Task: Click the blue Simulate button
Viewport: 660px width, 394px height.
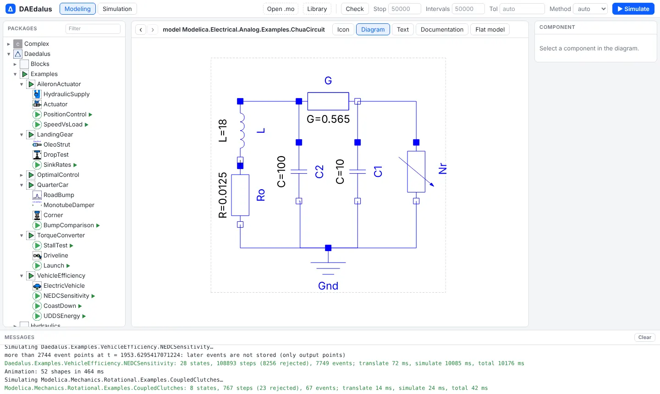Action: point(633,9)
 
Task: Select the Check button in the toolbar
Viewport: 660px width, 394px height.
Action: point(354,9)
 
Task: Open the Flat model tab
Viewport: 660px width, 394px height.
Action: point(489,29)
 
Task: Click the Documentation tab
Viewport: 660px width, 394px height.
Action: point(442,29)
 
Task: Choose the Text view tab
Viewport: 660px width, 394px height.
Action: point(402,29)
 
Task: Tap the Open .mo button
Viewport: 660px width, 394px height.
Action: point(280,9)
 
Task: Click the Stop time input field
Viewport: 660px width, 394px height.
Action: point(404,9)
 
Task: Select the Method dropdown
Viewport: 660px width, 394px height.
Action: point(590,9)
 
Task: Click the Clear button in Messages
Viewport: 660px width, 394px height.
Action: point(645,337)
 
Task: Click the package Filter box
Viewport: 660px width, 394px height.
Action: point(93,28)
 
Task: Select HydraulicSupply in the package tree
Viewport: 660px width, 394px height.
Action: point(66,94)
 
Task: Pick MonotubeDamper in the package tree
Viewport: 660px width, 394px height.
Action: point(69,205)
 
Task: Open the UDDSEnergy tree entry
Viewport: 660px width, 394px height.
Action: point(61,316)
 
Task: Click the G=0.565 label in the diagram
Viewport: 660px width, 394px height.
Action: point(328,119)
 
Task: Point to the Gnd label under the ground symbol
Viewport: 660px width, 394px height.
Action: point(328,285)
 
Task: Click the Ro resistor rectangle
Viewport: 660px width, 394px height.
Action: point(240,195)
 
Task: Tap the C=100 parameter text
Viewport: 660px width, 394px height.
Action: point(281,172)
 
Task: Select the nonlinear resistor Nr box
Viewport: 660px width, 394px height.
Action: point(416,172)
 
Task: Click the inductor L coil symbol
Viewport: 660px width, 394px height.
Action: point(242,131)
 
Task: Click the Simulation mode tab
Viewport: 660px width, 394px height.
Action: point(117,9)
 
